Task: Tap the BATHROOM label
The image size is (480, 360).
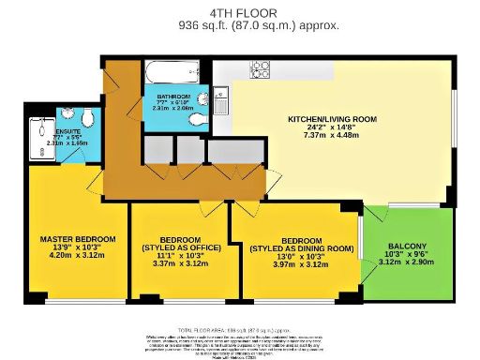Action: (x=173, y=97)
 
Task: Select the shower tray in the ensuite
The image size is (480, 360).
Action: (x=40, y=140)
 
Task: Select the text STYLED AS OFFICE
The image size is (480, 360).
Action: (x=176, y=247)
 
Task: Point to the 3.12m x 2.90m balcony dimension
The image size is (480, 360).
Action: (x=407, y=263)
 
